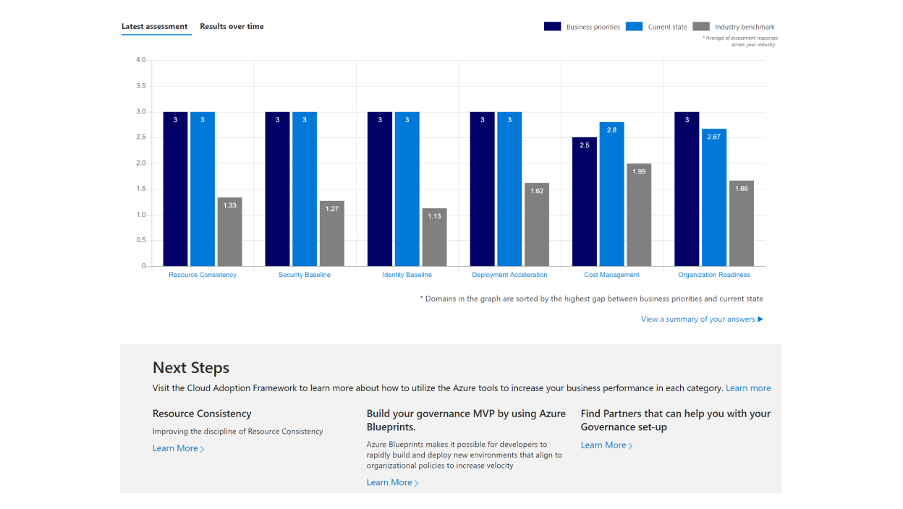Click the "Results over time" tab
click(x=232, y=27)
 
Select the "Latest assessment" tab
click(x=154, y=27)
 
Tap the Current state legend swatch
click(x=634, y=27)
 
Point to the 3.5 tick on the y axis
click(x=140, y=86)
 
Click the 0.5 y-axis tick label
click(x=140, y=241)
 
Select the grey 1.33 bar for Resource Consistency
click(x=229, y=231)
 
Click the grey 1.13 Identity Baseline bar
click(x=434, y=237)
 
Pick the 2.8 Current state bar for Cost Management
click(x=612, y=194)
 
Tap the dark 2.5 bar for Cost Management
click(x=585, y=202)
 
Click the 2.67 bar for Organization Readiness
click(x=714, y=197)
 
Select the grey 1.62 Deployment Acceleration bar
click(x=537, y=224)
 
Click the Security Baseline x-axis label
click(x=305, y=275)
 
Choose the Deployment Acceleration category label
click(x=509, y=275)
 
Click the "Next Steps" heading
click(x=191, y=368)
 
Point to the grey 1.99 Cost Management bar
click(x=639, y=215)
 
